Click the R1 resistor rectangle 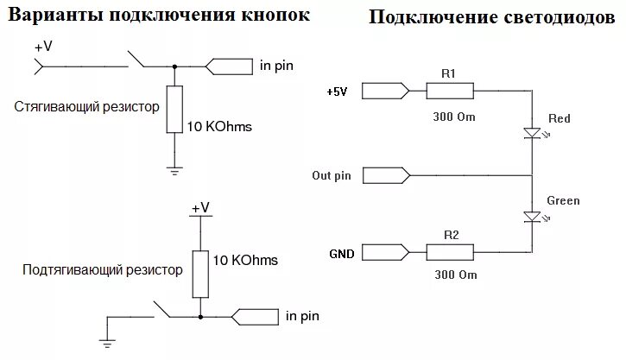coord(449,91)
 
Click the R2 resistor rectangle coord(449,252)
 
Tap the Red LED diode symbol coord(531,133)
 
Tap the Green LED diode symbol coord(531,216)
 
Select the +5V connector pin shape coord(385,91)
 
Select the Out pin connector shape coord(385,175)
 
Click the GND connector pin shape coord(385,252)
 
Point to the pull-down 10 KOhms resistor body coord(175,109)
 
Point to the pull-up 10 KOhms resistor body coord(200,272)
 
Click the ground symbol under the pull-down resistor coord(175,170)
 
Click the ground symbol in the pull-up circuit coord(108,343)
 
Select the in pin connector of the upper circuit coord(228,66)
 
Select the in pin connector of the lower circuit coord(255,317)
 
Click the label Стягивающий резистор coord(87,107)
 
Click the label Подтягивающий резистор coord(103,269)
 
